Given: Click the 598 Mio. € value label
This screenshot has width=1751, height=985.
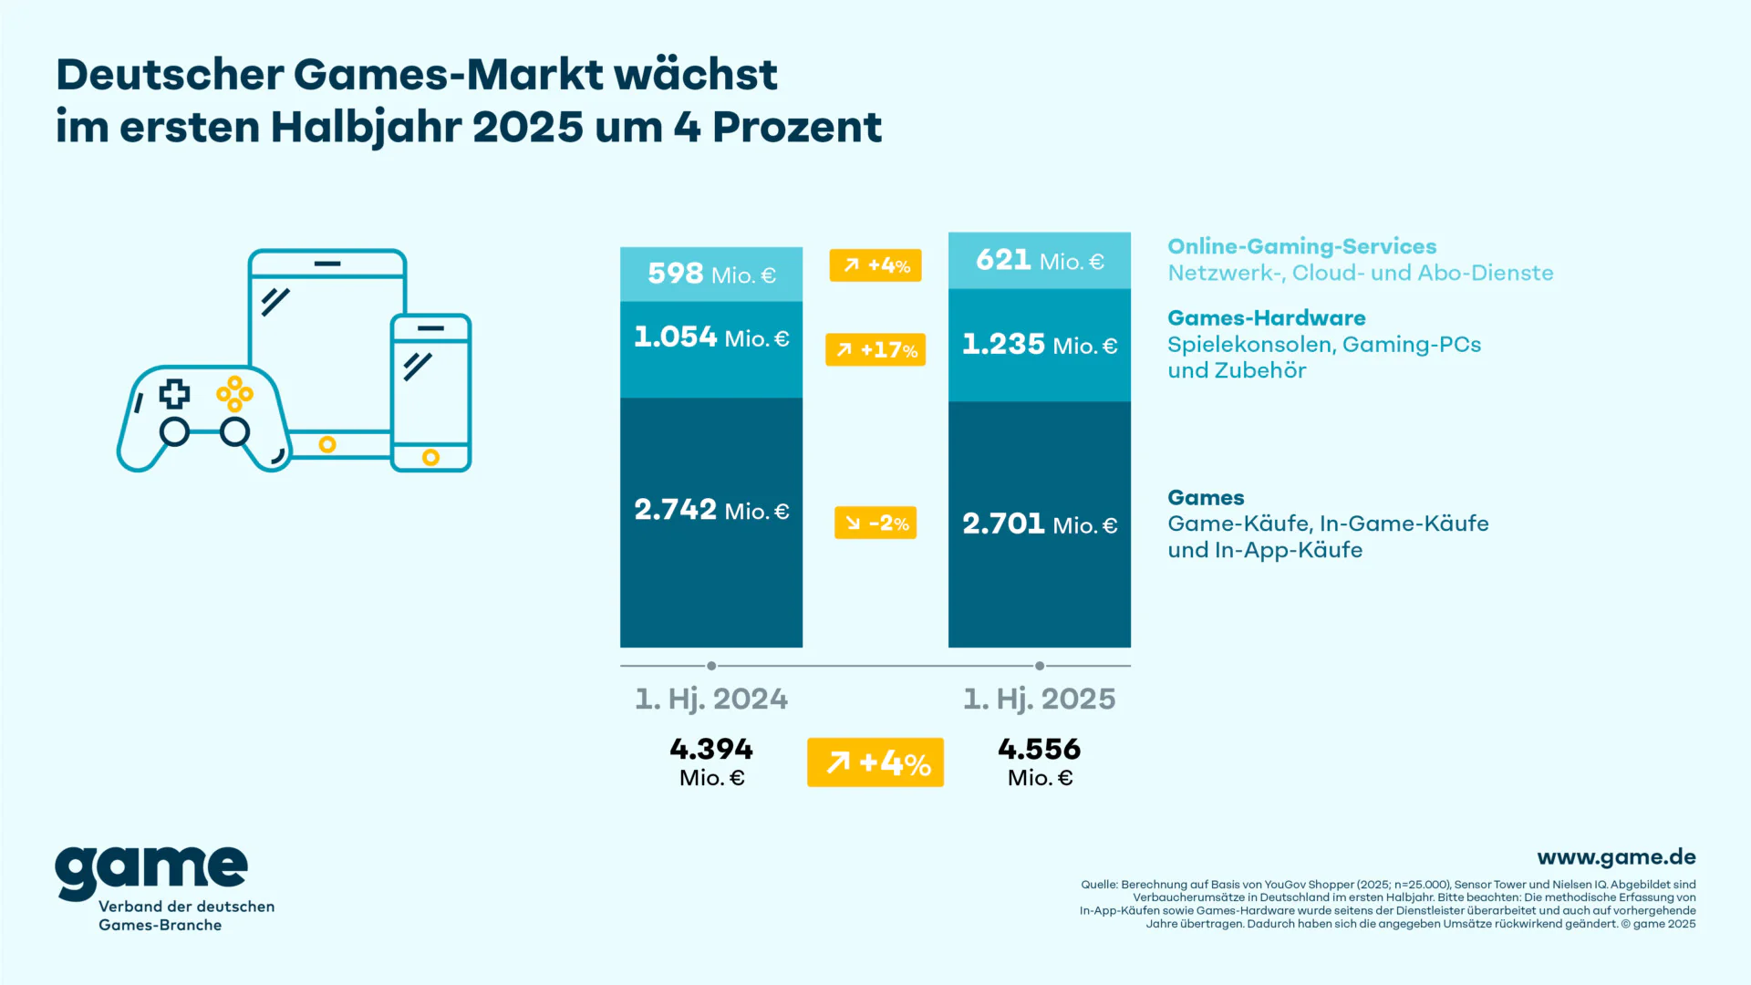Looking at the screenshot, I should pyautogui.click(x=711, y=274).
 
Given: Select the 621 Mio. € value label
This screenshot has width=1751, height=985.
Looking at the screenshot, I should pyautogui.click(x=1040, y=261).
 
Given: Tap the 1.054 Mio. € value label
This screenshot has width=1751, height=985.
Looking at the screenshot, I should pyautogui.click(x=711, y=337).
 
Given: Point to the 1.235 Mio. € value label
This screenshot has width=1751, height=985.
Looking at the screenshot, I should pyautogui.click(x=1040, y=345).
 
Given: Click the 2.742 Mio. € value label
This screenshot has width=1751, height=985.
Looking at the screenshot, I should pyautogui.click(x=711, y=510).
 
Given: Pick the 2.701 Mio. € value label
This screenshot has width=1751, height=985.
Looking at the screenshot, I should pyautogui.click(x=1040, y=524).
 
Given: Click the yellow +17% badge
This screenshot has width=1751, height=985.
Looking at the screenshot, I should pyautogui.click(x=875, y=349).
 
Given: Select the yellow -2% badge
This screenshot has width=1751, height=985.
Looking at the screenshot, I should pyautogui.click(x=875, y=523).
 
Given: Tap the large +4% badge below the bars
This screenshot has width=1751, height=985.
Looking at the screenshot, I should pyautogui.click(x=875, y=762).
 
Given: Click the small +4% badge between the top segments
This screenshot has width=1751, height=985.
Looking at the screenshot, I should pyautogui.click(x=875, y=265).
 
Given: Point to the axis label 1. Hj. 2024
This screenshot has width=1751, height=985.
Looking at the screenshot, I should pyautogui.click(x=711, y=700).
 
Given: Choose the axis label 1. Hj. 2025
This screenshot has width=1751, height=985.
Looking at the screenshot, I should pyautogui.click(x=1040, y=700).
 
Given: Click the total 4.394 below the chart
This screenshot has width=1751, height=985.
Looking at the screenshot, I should pyautogui.click(x=711, y=750).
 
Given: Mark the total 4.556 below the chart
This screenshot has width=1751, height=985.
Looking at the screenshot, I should pyautogui.click(x=1040, y=750).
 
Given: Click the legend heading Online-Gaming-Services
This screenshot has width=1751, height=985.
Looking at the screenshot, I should pyautogui.click(x=1301, y=246).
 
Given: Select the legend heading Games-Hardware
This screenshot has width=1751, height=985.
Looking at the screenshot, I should pyautogui.click(x=1266, y=318).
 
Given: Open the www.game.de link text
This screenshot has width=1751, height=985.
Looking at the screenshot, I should pyautogui.click(x=1616, y=857).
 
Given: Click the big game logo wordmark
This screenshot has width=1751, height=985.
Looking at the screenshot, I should pyautogui.click(x=151, y=871).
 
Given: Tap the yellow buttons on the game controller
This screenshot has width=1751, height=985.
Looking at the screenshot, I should pyautogui.click(x=234, y=394).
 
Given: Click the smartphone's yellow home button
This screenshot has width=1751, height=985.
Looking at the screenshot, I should pyautogui.click(x=431, y=457).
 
